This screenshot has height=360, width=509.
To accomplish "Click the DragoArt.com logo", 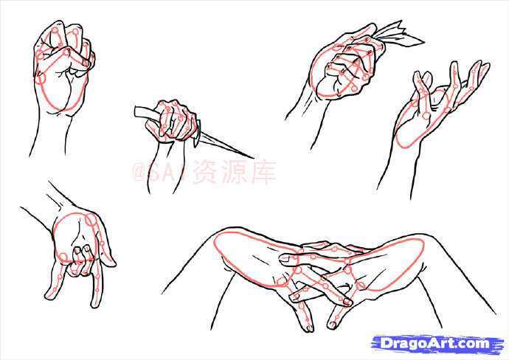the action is click(437, 344).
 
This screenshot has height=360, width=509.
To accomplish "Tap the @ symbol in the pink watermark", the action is click(139, 172).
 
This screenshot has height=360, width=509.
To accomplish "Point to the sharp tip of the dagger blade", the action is click(253, 158).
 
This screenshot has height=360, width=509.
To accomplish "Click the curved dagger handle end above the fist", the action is click(137, 111).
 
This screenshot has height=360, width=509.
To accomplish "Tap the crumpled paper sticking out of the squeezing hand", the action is click(400, 35).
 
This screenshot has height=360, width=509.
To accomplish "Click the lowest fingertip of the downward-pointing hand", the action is click(95, 304).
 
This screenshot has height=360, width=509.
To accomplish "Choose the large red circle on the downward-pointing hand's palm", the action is click(75, 237).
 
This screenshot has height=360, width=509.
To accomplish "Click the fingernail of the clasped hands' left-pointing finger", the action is click(285, 259).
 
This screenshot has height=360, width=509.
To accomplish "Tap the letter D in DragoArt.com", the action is click(387, 344).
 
